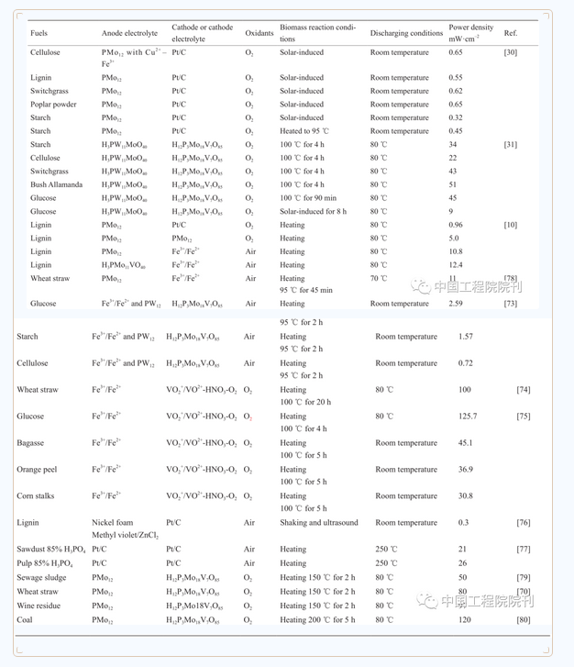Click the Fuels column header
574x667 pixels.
39,33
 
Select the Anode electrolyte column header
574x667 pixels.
129,33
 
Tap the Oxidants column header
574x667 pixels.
259,33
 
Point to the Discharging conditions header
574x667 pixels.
406,33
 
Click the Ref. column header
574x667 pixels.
511,33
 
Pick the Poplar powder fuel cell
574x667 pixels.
53,105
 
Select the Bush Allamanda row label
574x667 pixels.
57,184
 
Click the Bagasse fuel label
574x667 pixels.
30,443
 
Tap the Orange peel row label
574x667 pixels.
37,470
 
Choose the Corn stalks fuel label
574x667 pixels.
36,496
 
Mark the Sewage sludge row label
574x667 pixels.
41,578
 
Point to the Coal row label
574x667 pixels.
25,620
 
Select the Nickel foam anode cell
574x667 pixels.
112,523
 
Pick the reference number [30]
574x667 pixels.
511,52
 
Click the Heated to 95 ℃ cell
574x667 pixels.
304,131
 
